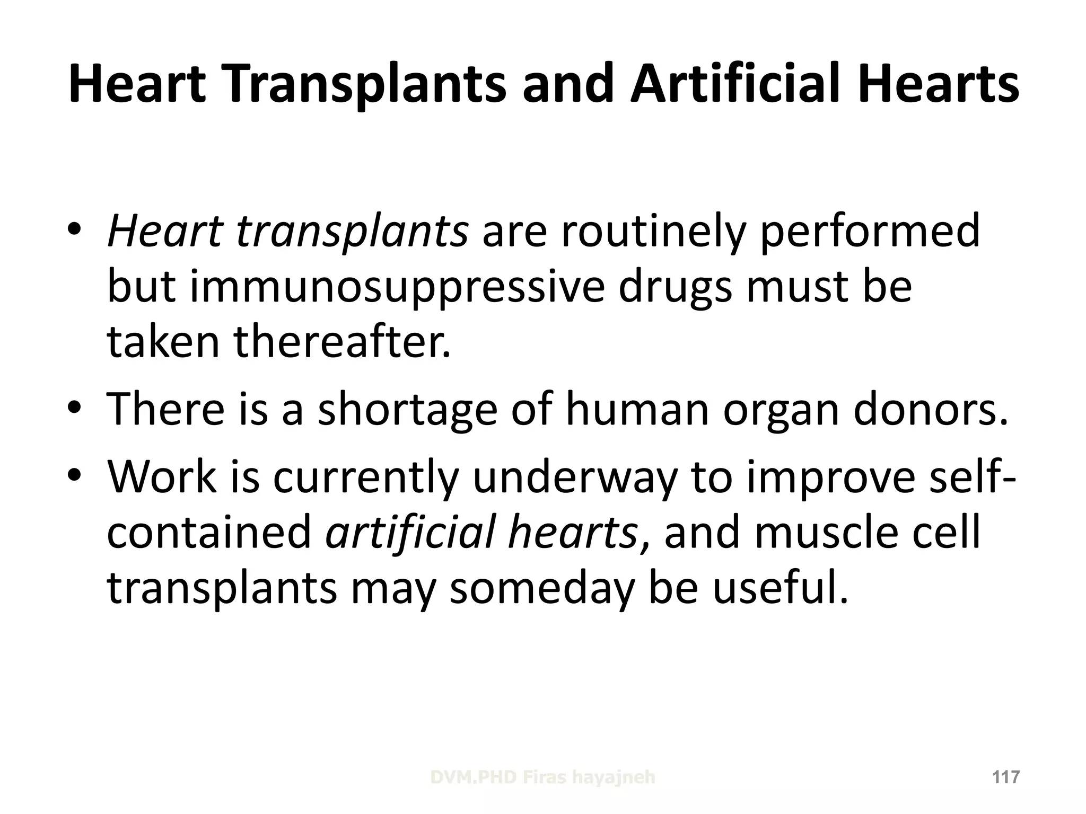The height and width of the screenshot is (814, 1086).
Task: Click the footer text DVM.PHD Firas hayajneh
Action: click(x=542, y=777)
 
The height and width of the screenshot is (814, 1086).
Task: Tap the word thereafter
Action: click(x=342, y=342)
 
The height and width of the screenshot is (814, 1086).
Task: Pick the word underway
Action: click(x=575, y=477)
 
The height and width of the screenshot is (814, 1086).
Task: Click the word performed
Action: click(x=870, y=232)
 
